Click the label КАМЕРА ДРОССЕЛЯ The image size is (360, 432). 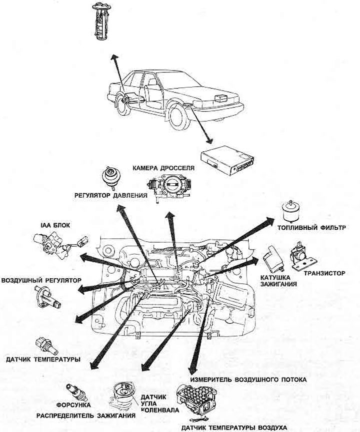163,168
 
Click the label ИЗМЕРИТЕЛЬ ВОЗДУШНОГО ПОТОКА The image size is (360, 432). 247,379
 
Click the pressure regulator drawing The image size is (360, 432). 111,176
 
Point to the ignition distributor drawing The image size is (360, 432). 123,395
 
